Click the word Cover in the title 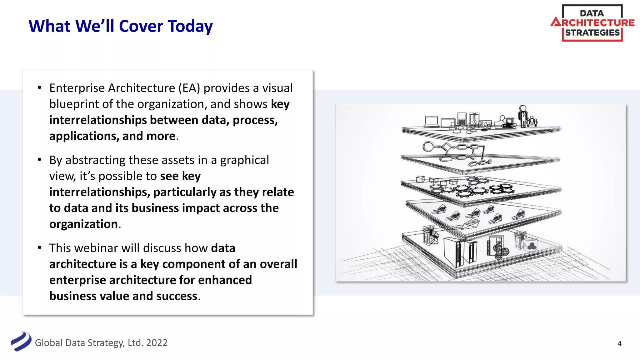pos(141,26)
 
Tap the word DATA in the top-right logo pos(592,13)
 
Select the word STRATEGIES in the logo pos(592,33)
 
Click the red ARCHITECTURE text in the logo pos(593,23)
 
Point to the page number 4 pos(619,344)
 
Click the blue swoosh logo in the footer pos(21,342)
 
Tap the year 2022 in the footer pos(157,343)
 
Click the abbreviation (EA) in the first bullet pos(189,88)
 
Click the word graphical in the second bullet pos(244,160)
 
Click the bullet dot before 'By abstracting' pos(39,160)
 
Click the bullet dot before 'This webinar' pos(39,248)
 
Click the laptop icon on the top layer pos(432,122)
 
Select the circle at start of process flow pos(428,147)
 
